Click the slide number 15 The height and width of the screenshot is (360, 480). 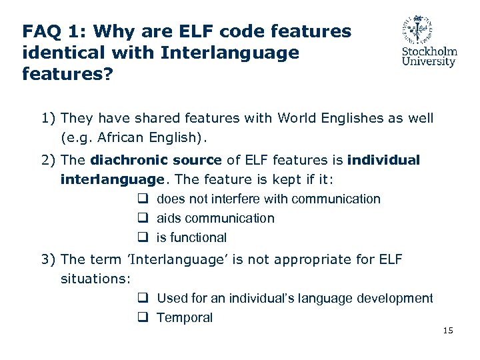(x=447, y=331)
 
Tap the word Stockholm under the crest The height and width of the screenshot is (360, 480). (x=429, y=51)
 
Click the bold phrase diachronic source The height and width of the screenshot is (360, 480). (x=155, y=160)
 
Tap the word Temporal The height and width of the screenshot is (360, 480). (x=185, y=318)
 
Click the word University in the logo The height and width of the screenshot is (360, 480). (x=429, y=62)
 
